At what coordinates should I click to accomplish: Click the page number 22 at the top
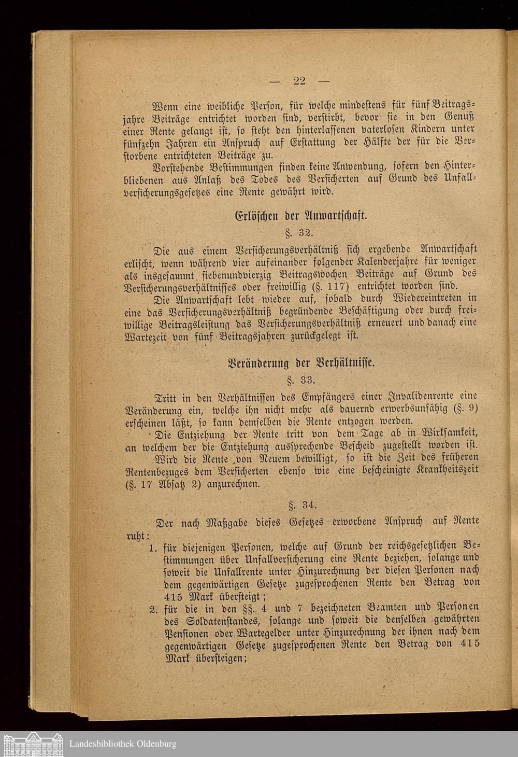coord(299,80)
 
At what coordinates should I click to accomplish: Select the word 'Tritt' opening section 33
coord(152,397)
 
